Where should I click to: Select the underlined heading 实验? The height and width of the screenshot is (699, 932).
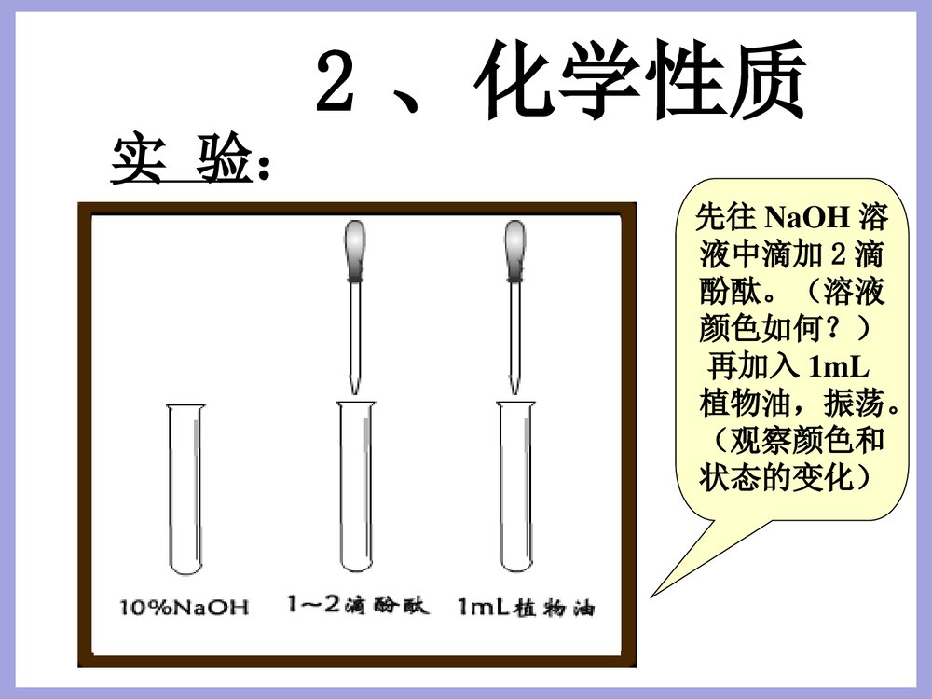[x=182, y=160]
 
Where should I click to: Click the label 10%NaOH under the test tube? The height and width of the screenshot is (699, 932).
[x=185, y=609]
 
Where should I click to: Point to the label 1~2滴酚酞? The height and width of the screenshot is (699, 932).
[x=359, y=607]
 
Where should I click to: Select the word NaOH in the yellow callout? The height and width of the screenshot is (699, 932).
[x=807, y=219]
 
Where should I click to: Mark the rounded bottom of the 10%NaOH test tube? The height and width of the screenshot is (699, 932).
[x=185, y=566]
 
